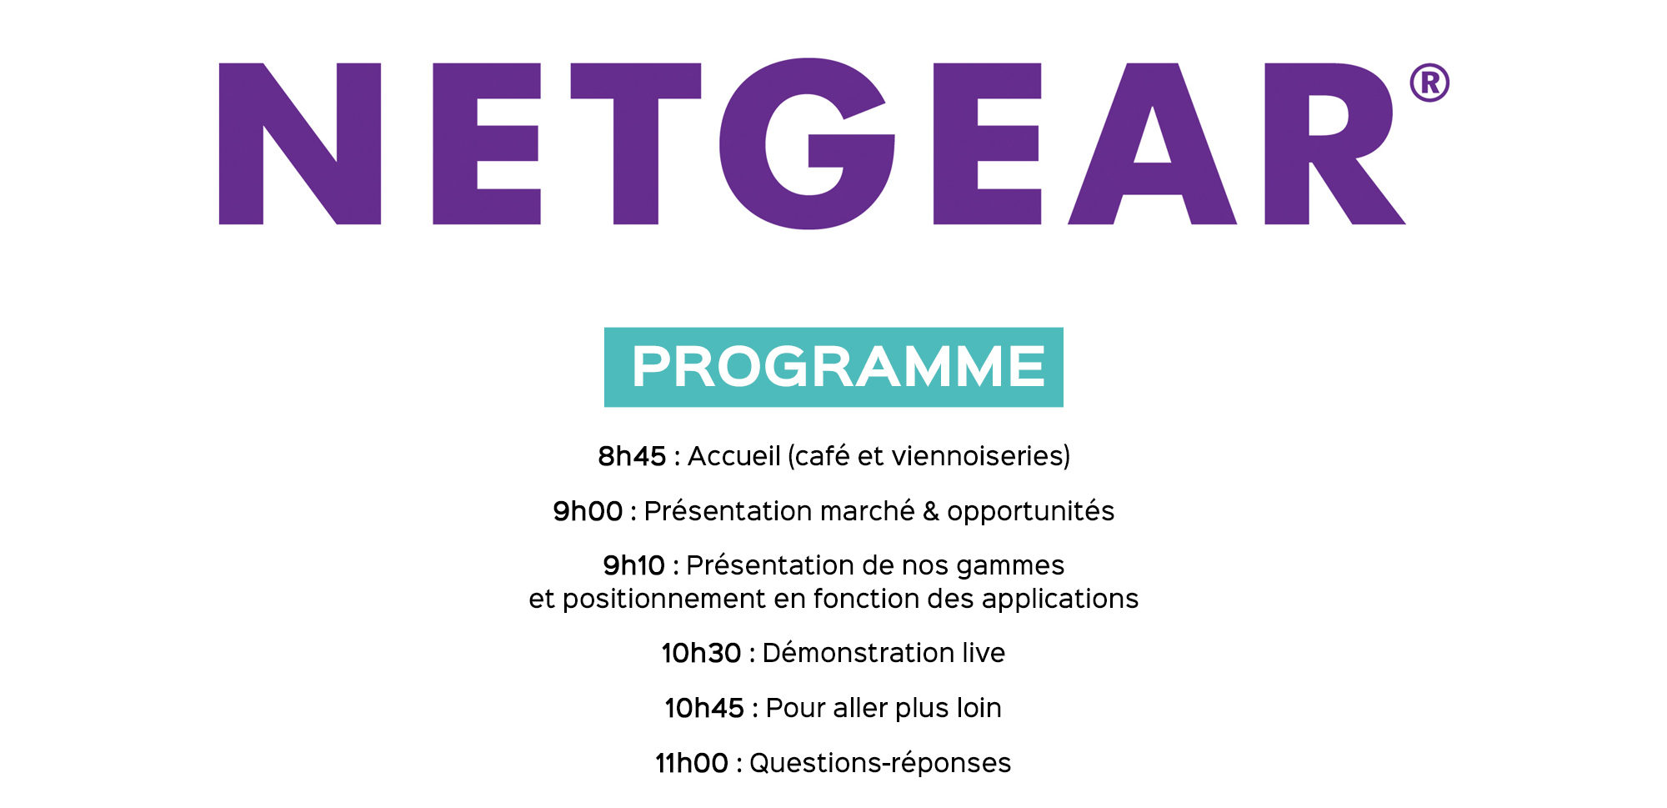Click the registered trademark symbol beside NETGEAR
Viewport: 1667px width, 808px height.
point(1429,83)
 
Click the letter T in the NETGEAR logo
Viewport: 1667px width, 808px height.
point(636,143)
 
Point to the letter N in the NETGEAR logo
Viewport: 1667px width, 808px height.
point(300,143)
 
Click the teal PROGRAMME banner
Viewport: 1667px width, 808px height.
point(833,367)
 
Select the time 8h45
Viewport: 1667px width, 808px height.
point(632,456)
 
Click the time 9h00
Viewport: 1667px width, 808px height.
point(588,511)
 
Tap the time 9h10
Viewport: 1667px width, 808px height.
point(634,565)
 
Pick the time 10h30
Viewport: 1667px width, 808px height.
point(701,653)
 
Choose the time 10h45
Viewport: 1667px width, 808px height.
point(704,708)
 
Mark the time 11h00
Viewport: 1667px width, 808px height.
point(692,763)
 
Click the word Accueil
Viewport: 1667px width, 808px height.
point(734,456)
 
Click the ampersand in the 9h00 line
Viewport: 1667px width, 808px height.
point(931,511)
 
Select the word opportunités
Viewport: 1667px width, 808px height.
point(1030,511)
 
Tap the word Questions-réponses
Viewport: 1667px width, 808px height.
point(880,764)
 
